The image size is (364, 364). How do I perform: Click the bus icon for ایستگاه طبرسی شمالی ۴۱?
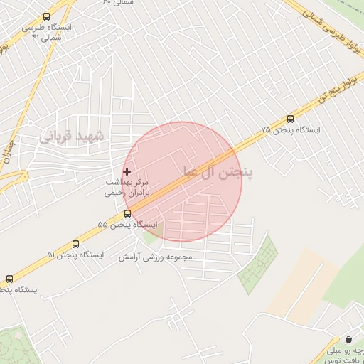pyautogui.click(x=47, y=17)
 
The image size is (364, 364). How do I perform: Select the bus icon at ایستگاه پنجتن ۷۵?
pyautogui.click(x=290, y=119)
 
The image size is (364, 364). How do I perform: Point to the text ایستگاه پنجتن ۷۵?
pyautogui.click(x=291, y=130)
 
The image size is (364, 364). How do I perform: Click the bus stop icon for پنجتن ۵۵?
pyautogui.click(x=127, y=213)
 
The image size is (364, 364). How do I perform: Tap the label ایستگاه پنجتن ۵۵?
pyautogui.click(x=129, y=224)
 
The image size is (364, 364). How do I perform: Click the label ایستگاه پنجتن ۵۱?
pyautogui.click(x=75, y=255)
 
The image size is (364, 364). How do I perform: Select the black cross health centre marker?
pyautogui.click(x=127, y=171)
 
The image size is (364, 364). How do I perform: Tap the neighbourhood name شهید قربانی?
pyautogui.click(x=73, y=136)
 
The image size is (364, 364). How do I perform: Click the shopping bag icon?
pyautogui.click(x=348, y=340)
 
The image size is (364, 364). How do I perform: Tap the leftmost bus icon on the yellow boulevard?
pyautogui.click(x=9, y=279)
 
